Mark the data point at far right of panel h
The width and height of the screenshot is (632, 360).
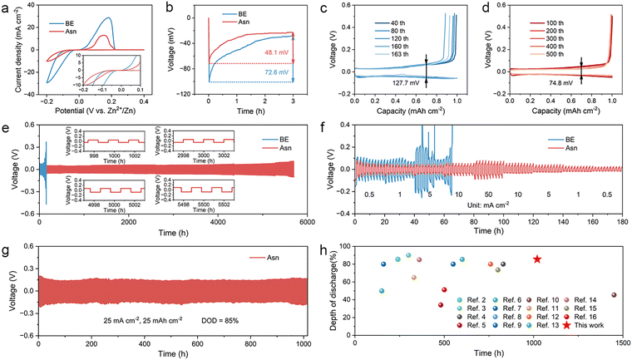click(x=614, y=295)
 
